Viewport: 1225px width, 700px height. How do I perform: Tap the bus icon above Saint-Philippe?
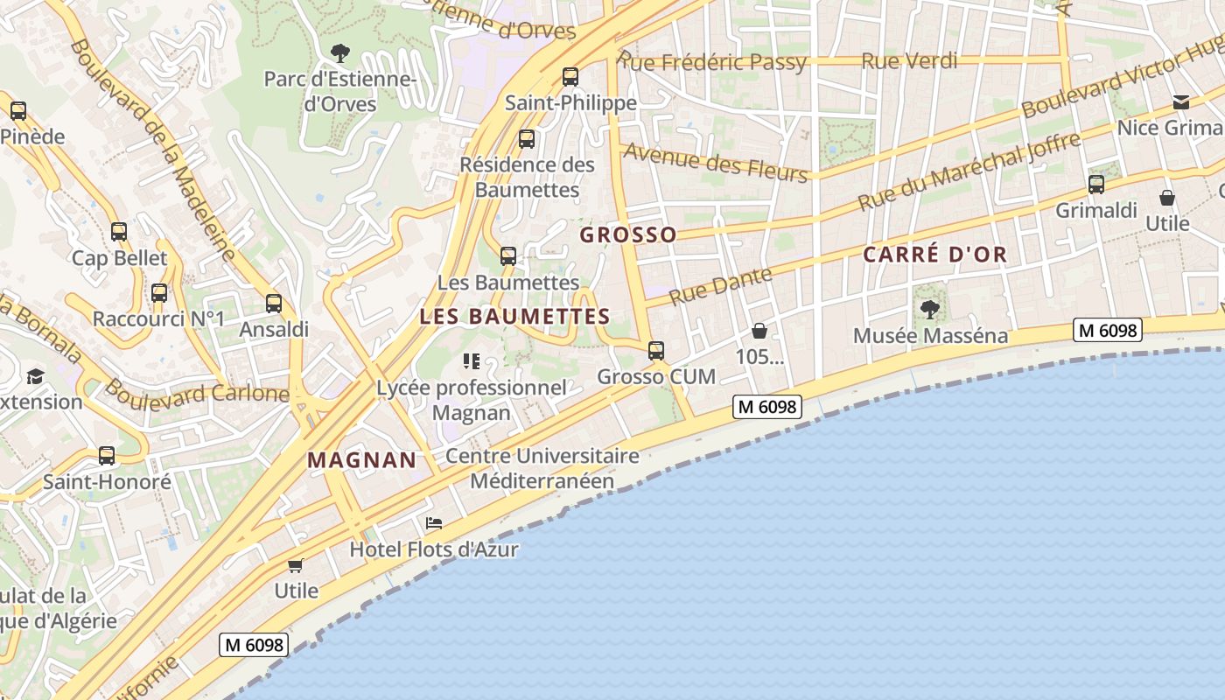point(570,77)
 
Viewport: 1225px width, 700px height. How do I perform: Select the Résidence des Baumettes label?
point(527,177)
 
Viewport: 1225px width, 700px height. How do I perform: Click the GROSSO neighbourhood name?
point(628,234)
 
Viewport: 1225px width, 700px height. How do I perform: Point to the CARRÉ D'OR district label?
point(934,255)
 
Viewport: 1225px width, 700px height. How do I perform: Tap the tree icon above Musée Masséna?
point(929,309)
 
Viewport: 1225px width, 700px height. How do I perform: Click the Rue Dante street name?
point(720,285)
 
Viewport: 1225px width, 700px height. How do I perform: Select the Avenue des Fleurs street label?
point(715,163)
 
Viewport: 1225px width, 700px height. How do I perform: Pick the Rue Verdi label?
point(909,61)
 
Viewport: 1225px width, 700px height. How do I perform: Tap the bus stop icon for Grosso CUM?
point(656,351)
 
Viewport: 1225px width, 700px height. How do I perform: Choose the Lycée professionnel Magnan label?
point(472,400)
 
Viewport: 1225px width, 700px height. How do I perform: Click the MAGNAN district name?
point(361,460)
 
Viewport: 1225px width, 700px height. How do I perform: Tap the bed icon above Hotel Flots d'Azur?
point(433,523)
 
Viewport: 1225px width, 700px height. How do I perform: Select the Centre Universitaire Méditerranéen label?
point(542,468)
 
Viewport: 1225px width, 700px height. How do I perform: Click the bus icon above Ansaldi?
point(274,304)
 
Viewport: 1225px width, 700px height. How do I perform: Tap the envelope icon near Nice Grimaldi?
point(1181,102)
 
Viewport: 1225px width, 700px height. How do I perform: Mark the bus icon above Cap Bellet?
point(119,232)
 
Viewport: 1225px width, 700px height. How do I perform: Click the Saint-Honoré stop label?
point(107,482)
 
